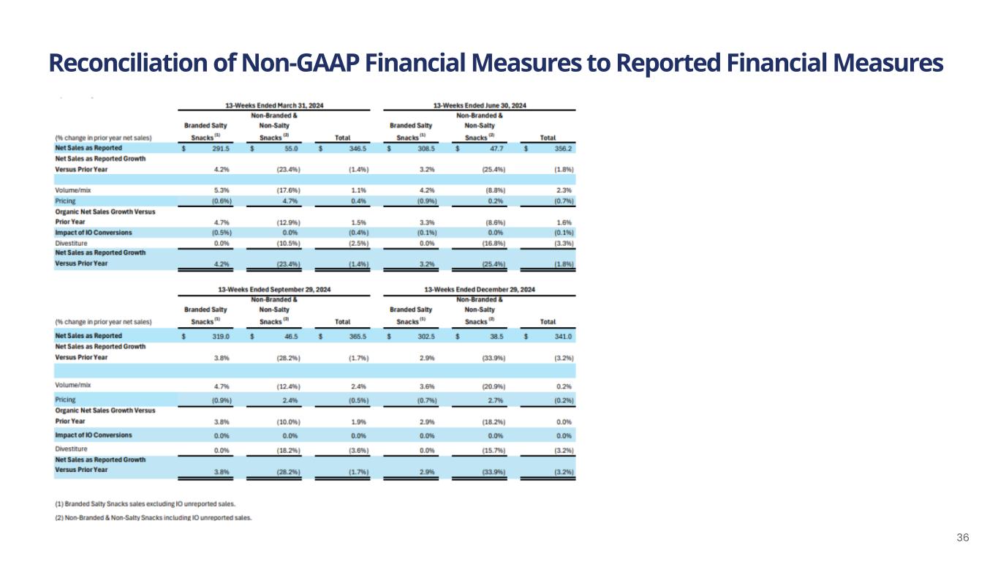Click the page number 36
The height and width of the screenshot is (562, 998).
963,538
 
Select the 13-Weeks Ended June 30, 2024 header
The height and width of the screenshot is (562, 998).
480,105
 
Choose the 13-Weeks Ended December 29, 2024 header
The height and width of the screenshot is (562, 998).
480,290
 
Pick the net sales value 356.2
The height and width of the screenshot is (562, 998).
562,149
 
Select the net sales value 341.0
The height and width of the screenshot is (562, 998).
562,335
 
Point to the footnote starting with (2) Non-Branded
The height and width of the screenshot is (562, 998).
154,517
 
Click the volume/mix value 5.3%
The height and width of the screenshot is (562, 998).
222,190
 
